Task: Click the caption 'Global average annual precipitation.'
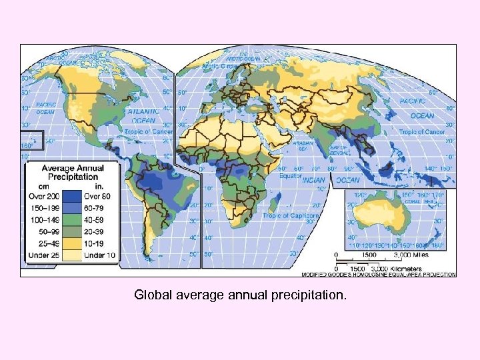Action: click(240, 294)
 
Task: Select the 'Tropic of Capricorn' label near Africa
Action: click(291, 216)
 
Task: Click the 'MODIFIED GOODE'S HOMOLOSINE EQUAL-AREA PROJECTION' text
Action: click(379, 274)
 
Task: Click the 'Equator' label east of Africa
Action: click(292, 177)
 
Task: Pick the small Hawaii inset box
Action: click(32, 141)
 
